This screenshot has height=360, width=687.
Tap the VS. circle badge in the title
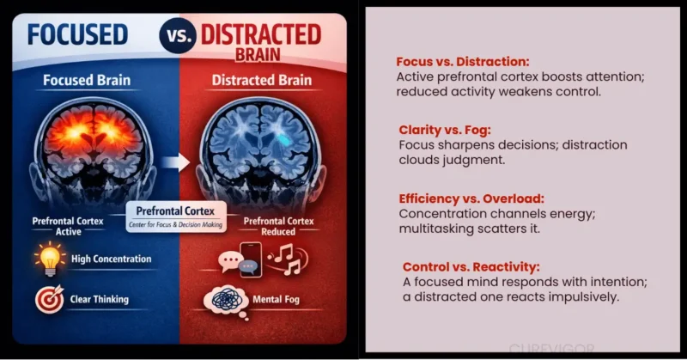point(177,37)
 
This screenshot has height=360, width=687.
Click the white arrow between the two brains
point(175,159)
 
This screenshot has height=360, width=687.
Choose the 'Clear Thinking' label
point(100,300)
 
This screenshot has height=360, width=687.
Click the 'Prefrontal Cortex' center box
point(174,214)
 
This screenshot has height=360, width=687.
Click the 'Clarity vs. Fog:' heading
point(444,130)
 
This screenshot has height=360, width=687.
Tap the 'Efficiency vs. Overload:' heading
point(465,197)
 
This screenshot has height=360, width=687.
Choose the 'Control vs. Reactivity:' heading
point(465,266)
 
